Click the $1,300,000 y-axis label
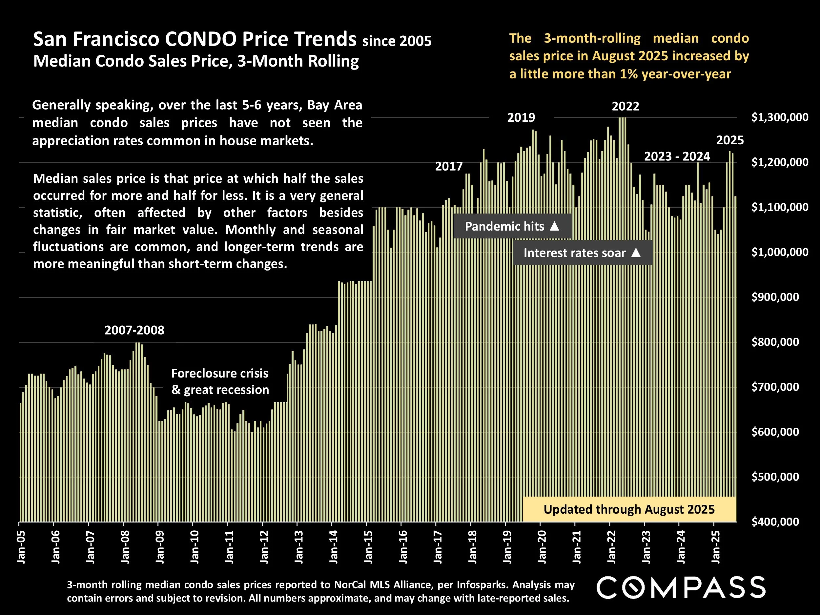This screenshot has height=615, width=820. [x=780, y=117]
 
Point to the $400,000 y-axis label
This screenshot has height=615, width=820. [x=775, y=522]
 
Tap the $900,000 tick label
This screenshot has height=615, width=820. [x=775, y=297]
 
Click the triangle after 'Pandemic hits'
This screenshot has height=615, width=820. [x=554, y=226]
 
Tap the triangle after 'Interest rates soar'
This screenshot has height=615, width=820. [x=636, y=253]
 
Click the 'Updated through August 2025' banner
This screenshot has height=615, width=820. [x=629, y=509]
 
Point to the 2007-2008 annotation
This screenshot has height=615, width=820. [x=134, y=330]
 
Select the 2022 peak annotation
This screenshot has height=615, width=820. [x=625, y=107]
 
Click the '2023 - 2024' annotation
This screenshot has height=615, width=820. [x=677, y=157]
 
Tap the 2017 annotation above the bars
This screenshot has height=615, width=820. [x=449, y=166]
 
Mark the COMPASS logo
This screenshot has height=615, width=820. [x=681, y=587]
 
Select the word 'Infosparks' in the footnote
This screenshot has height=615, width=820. [x=484, y=584]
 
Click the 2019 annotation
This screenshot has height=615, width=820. [x=521, y=118]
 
